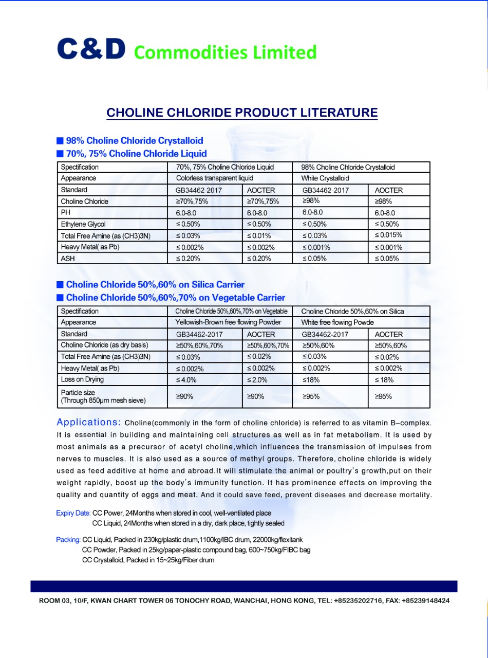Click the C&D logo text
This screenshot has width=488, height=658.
click(91, 49)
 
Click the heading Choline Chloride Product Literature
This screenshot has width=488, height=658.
click(242, 113)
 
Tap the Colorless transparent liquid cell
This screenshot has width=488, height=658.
click(214, 178)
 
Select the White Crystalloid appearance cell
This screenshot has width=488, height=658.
click(325, 178)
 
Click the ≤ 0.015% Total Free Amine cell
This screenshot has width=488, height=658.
click(388, 235)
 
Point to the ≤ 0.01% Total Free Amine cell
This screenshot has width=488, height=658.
click(259, 235)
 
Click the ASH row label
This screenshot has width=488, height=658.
click(68, 259)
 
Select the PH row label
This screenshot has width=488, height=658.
click(65, 213)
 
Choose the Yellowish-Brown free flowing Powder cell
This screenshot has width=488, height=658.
click(229, 322)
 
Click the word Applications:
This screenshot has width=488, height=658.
click(88, 423)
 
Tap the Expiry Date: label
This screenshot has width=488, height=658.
click(73, 513)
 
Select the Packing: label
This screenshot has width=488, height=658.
click(68, 540)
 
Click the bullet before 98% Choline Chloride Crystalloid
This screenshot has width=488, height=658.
click(60, 140)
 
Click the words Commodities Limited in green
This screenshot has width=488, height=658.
click(225, 52)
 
